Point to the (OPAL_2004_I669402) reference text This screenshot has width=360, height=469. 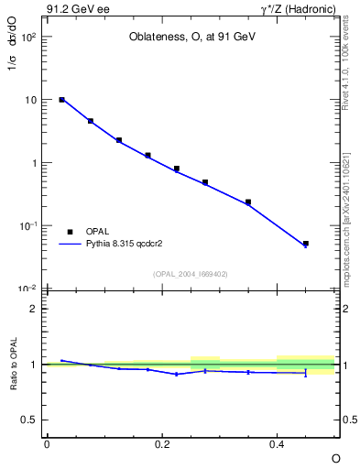(191, 273)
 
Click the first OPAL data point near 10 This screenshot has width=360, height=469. (61, 99)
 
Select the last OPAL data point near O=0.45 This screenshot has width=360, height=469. (306, 244)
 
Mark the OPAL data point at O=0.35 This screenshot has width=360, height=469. (248, 202)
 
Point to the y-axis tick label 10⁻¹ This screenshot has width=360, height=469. (28, 226)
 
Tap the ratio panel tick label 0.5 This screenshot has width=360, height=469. (29, 420)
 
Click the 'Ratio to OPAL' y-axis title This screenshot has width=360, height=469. (13, 365)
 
